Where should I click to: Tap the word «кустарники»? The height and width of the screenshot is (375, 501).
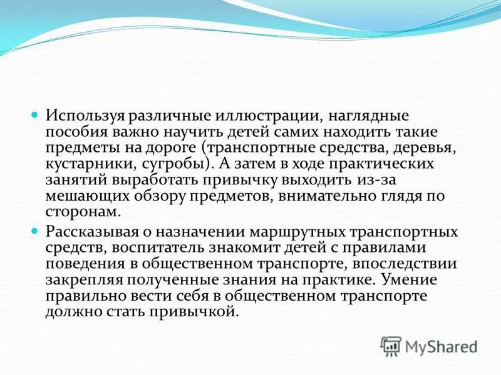[85, 164]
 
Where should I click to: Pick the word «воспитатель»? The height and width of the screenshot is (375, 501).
[159, 248]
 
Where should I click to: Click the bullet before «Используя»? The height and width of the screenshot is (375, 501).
[36, 116]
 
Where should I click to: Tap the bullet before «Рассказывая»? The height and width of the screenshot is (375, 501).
[36, 231]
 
